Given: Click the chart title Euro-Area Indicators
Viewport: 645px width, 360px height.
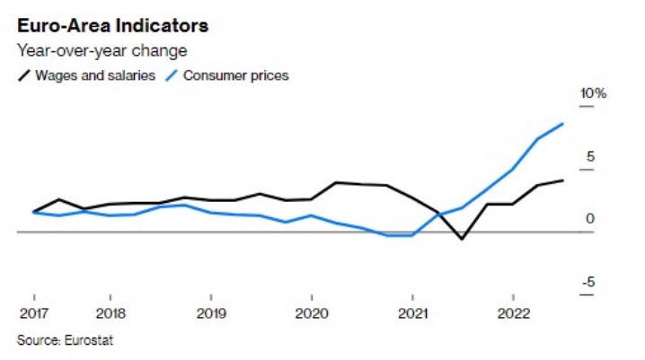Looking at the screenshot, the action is coord(112,26).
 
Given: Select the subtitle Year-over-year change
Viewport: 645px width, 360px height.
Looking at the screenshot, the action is coord(102,51).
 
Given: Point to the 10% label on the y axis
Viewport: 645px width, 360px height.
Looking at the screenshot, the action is coord(593,93).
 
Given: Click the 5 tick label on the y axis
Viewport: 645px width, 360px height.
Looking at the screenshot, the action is coord(590,156).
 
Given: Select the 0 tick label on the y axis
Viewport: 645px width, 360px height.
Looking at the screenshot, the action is coord(590,219).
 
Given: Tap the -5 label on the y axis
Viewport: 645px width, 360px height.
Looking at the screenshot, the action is coord(588,282).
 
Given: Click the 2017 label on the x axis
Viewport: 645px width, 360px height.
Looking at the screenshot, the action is coord(34,313).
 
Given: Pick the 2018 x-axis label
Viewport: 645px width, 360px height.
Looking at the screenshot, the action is coord(110,313).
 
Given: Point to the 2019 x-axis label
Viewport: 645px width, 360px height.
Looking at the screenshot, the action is coord(211,313).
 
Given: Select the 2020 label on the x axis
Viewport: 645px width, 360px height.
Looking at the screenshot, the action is coord(312,313).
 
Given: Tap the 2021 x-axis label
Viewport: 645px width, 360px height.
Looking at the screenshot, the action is coord(412,313).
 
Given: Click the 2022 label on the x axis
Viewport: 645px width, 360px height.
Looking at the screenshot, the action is coord(513,313).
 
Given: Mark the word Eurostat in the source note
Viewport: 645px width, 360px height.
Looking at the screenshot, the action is coord(88,340).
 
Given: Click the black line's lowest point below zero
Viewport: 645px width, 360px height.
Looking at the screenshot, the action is coord(462,239).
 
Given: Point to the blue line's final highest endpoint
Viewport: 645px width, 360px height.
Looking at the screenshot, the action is coord(562,123).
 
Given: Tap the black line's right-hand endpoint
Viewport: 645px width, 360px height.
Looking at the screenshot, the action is coord(562,180).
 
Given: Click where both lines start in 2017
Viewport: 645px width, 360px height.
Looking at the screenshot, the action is coord(34,212).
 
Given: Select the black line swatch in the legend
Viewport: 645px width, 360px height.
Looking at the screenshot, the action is coord(24,75).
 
